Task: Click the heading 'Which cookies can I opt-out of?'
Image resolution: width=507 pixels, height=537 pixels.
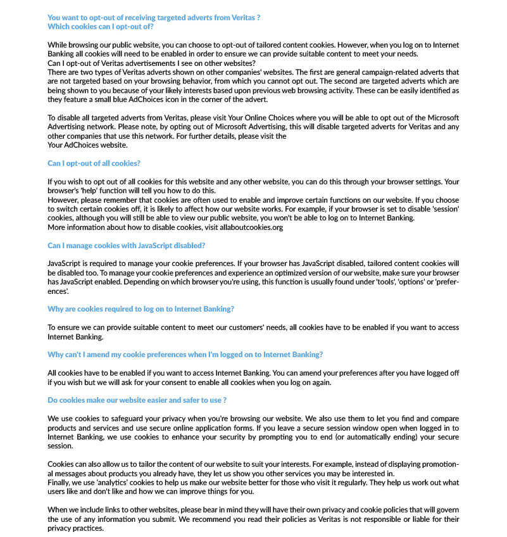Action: [101, 27]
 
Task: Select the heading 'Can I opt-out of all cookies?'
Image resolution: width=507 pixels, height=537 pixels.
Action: [94, 163]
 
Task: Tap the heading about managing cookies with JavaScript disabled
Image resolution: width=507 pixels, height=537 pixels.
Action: [126, 245]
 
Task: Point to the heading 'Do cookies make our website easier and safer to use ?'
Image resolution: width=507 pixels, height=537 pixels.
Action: [137, 400]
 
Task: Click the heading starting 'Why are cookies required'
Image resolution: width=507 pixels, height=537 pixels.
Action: [141, 309]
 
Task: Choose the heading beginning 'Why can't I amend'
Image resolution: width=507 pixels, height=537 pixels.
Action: [185, 354]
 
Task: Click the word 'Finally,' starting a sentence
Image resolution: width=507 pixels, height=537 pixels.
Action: [61, 483]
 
